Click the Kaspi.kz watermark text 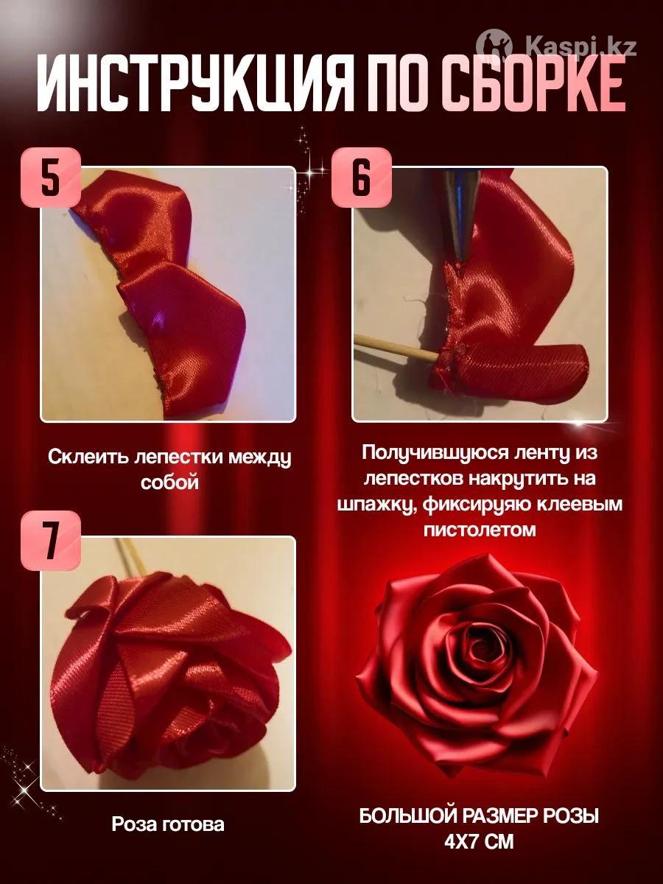tap(581, 47)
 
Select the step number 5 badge tap(51, 178)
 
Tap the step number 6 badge tap(361, 178)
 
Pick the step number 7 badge tap(51, 541)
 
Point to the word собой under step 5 tap(170, 482)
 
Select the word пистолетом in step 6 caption tap(480, 530)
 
